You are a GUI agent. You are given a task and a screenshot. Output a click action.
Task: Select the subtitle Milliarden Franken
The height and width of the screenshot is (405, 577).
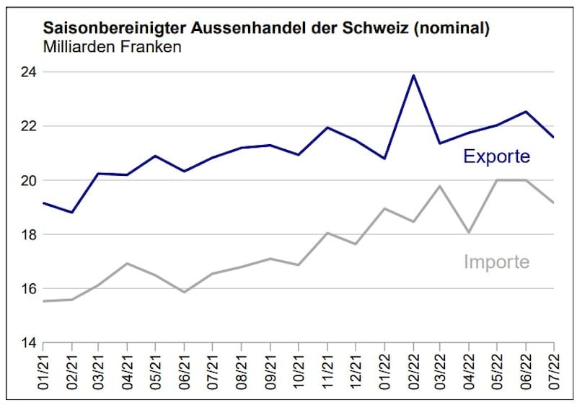point(113,48)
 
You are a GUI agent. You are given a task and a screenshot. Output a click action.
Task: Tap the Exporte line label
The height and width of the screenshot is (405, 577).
point(496,156)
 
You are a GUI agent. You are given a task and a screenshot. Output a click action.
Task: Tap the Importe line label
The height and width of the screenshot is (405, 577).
point(496,262)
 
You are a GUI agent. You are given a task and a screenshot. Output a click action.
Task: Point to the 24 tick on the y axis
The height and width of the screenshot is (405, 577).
point(28,72)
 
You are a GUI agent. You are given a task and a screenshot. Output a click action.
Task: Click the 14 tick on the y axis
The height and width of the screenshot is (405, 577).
point(28,343)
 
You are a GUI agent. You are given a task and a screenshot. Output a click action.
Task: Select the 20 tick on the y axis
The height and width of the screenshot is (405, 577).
point(28,180)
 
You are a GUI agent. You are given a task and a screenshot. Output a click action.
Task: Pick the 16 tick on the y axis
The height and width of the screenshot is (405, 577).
point(28,289)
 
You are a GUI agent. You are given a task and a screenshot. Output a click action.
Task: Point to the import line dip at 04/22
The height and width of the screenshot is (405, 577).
point(469,233)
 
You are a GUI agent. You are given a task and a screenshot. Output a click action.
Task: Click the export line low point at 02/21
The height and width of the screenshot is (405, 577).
point(71,213)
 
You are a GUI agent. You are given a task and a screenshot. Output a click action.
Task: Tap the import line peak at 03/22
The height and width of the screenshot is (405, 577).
point(440,186)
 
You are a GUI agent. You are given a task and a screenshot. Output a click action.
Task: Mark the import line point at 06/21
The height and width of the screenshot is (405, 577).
point(185,292)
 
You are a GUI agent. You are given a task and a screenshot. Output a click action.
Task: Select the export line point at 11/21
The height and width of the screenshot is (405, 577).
point(327,128)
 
